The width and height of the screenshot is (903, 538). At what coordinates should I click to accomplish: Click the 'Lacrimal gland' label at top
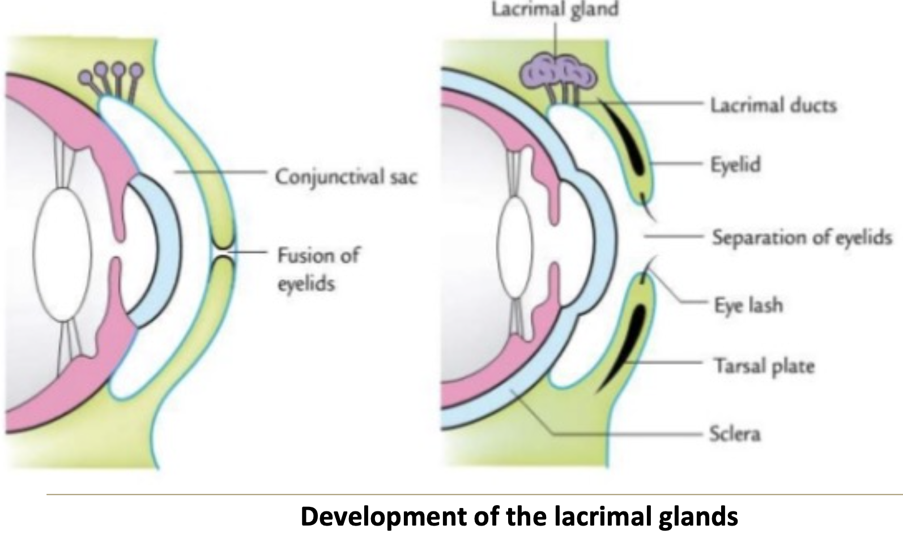point(555,10)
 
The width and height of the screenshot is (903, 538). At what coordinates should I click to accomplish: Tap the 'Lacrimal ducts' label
point(773,105)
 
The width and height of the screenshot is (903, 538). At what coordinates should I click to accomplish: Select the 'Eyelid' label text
point(735,165)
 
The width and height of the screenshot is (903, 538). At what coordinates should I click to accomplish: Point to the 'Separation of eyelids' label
point(801,237)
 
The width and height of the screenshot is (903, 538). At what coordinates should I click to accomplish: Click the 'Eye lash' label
point(748,305)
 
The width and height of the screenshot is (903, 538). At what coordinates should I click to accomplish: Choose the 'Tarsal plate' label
point(764,366)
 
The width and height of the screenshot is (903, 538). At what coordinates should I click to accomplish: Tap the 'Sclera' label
point(735,434)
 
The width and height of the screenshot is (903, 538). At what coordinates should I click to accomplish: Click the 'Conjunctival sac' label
point(346,177)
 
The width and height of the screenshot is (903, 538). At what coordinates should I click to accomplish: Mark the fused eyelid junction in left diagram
point(222,250)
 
